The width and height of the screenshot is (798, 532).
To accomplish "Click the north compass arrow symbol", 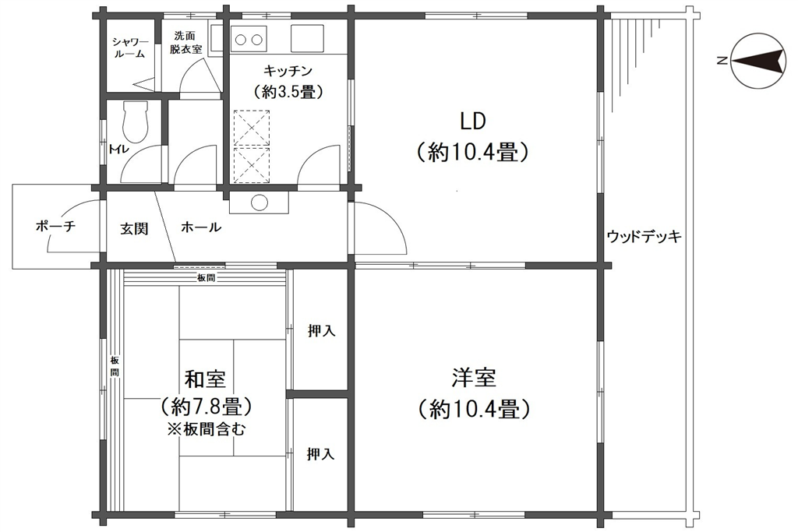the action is [x=757, y=61].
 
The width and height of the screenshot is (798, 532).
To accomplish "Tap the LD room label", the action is [x=473, y=122].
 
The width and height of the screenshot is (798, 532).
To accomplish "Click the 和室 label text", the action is [x=205, y=379].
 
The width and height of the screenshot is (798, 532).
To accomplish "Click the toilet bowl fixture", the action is [x=136, y=122].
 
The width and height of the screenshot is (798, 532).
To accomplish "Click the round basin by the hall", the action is [x=260, y=203].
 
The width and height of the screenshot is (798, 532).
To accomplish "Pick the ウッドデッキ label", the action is [x=644, y=236].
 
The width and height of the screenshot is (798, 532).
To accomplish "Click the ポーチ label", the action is [x=55, y=226].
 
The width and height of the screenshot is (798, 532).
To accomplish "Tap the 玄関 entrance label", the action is [x=134, y=228].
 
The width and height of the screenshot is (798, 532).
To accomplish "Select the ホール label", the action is [x=201, y=227].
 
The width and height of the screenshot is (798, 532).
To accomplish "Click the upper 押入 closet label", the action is [x=321, y=331].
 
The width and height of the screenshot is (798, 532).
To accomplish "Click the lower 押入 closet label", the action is [x=320, y=454].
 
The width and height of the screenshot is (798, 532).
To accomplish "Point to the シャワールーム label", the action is [x=130, y=48].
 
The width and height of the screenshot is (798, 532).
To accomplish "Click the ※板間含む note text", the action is [x=207, y=429].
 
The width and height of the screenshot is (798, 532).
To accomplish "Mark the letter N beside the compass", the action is [x=722, y=61].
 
